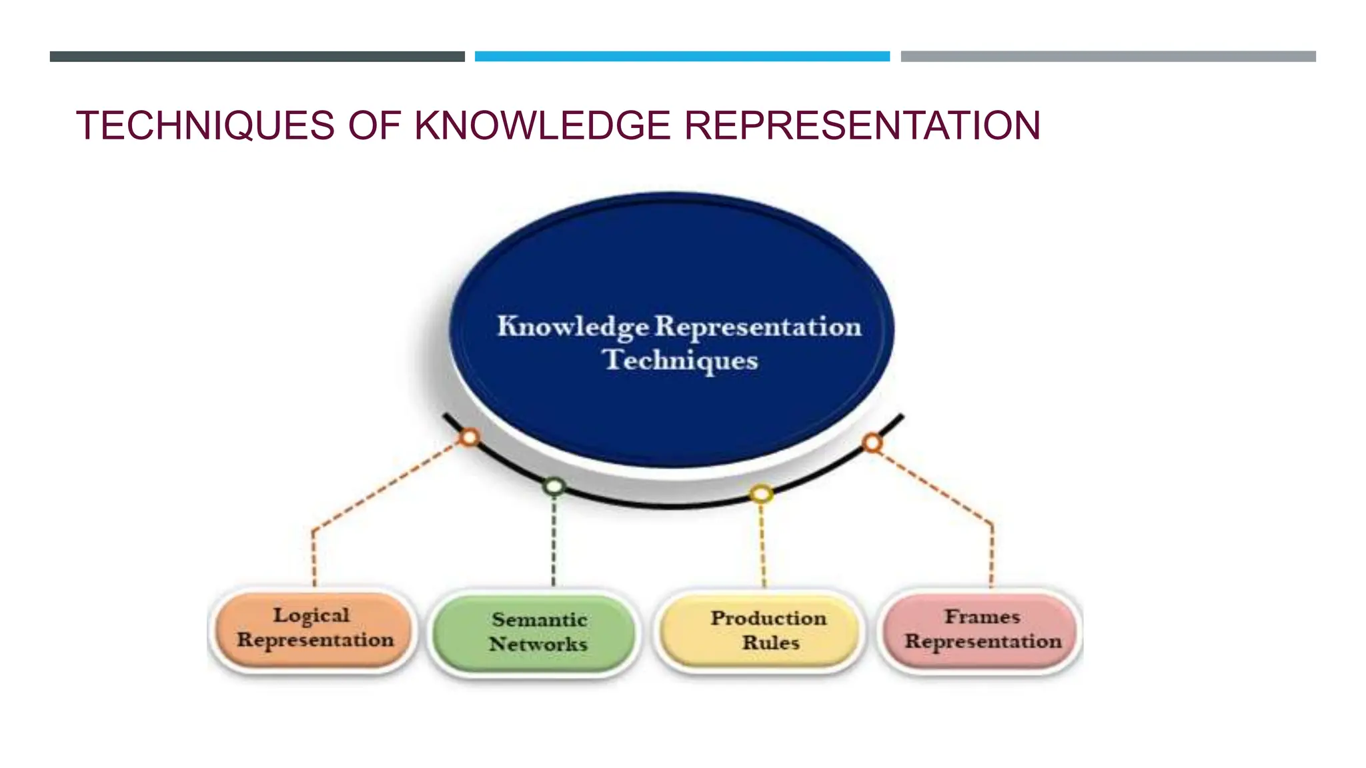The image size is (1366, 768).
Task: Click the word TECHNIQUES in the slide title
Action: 205,125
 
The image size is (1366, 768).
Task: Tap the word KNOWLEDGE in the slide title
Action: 542,125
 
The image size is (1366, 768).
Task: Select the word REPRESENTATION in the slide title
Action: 862,125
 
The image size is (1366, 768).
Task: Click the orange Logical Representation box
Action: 314,629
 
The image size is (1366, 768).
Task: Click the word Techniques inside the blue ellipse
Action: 680,360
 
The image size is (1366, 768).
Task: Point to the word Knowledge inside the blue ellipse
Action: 572,327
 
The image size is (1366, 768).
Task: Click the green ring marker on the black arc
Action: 554,486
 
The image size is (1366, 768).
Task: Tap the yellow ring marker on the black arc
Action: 761,494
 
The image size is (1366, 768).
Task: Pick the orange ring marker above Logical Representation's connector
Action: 470,437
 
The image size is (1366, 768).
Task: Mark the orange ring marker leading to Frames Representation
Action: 872,443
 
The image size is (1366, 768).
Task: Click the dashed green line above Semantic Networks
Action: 554,540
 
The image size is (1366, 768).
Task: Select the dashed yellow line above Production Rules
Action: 763,543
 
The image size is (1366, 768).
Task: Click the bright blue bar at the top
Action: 682,57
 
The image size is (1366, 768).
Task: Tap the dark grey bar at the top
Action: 257,57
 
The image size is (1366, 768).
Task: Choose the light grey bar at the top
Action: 1108,57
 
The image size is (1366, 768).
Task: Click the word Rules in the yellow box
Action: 771,643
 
